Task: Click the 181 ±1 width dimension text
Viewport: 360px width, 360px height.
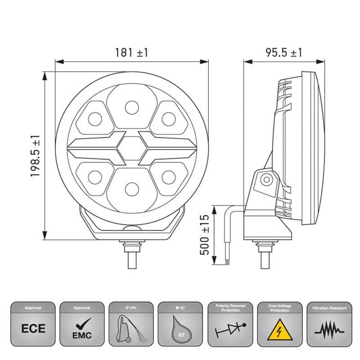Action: (x=131, y=53)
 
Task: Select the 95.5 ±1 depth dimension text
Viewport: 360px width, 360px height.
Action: (x=283, y=53)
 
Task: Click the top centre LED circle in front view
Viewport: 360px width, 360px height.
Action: (x=131, y=107)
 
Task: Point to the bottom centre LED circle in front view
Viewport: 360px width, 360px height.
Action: (x=131, y=188)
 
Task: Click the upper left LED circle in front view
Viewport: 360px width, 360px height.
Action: (x=95, y=119)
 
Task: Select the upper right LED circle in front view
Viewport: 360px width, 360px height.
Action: (x=168, y=119)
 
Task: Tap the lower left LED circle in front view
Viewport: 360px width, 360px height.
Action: (x=95, y=175)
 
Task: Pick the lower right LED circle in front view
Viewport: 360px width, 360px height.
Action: (x=168, y=175)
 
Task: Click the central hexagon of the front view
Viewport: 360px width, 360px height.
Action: (x=131, y=147)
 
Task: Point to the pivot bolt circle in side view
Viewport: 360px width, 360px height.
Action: (x=266, y=180)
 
